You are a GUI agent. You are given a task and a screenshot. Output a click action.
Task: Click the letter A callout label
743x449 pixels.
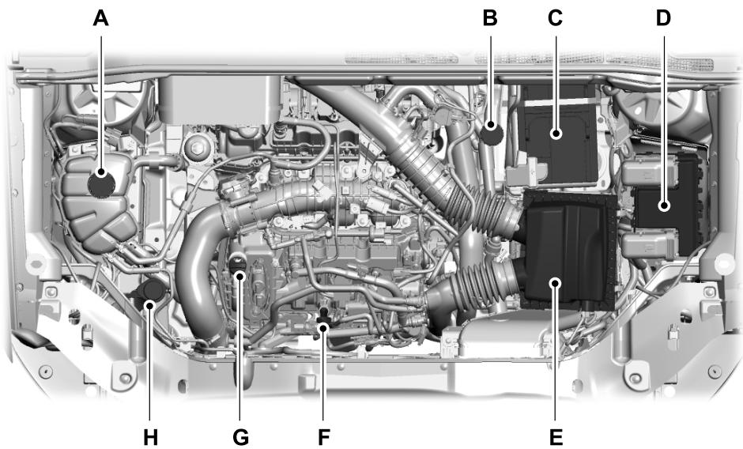point(100,17)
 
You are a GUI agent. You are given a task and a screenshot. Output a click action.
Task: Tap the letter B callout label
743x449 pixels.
point(490,17)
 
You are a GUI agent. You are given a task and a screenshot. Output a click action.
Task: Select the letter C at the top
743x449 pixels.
point(556,17)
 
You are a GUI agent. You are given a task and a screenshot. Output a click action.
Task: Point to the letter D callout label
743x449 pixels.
point(662,17)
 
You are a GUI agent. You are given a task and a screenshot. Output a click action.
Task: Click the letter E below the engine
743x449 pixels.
point(556,436)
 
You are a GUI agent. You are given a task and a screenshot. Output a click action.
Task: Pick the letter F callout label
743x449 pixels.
point(323,436)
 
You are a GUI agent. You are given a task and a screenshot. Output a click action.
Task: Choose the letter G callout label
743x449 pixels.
point(240,436)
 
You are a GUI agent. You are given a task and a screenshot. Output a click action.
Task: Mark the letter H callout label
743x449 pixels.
point(150,436)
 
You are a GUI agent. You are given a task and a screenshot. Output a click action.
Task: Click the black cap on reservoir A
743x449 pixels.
point(101,183)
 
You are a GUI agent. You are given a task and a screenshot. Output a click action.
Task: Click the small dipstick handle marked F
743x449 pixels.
point(322,321)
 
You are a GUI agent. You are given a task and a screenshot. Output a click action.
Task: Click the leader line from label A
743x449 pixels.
point(100,95)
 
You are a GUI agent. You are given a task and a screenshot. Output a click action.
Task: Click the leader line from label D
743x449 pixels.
point(664,119)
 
